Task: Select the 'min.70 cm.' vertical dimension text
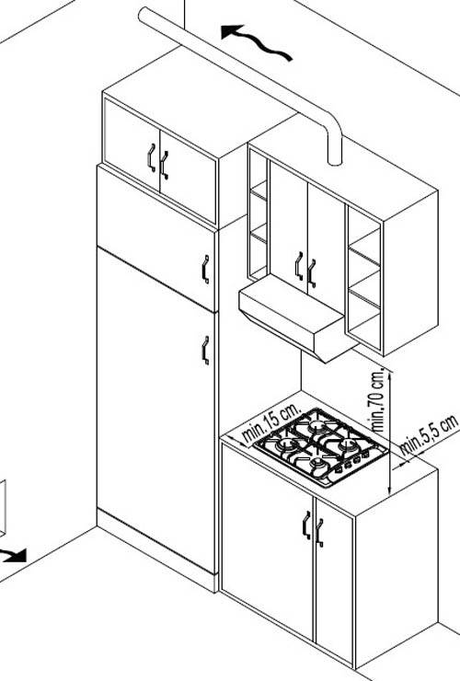point(378,399)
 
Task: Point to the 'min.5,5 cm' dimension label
point(429,434)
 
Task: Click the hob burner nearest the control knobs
point(319,465)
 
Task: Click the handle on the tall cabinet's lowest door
point(206,350)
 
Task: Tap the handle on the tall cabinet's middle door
point(206,270)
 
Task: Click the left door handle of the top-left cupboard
point(151,157)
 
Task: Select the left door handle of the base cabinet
point(306,525)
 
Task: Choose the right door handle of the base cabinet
point(319,533)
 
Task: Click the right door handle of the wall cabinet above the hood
point(312,273)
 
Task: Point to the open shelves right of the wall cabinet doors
point(364,279)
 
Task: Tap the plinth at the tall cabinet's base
point(157,549)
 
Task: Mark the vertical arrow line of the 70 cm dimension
point(390,433)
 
